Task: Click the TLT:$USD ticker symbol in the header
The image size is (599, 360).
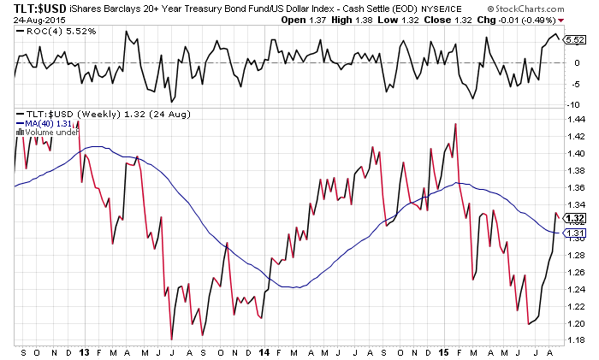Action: pyautogui.click(x=29, y=9)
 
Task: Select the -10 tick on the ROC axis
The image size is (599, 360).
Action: pyautogui.click(x=574, y=104)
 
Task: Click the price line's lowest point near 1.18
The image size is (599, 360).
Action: pyautogui.click(x=172, y=339)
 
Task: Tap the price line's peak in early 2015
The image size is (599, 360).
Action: pyautogui.click(x=454, y=124)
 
